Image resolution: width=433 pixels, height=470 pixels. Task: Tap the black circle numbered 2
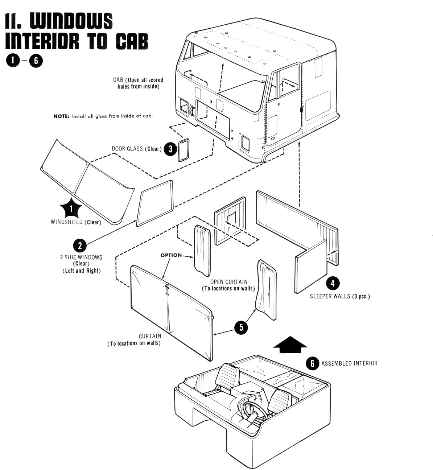(79, 246)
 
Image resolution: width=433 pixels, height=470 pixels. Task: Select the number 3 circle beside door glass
(170, 149)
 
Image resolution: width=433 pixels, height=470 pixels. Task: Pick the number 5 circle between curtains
(241, 327)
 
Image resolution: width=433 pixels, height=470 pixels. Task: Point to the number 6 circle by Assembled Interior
(312, 363)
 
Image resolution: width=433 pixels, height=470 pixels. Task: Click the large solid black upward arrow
(290, 344)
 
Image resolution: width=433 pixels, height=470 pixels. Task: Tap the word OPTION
(171, 255)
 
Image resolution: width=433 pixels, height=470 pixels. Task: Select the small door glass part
(183, 150)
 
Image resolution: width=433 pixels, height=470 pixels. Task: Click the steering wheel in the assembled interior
(250, 408)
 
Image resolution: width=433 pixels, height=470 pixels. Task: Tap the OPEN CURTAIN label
(228, 282)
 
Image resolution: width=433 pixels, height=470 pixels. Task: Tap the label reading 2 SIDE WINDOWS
(81, 257)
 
